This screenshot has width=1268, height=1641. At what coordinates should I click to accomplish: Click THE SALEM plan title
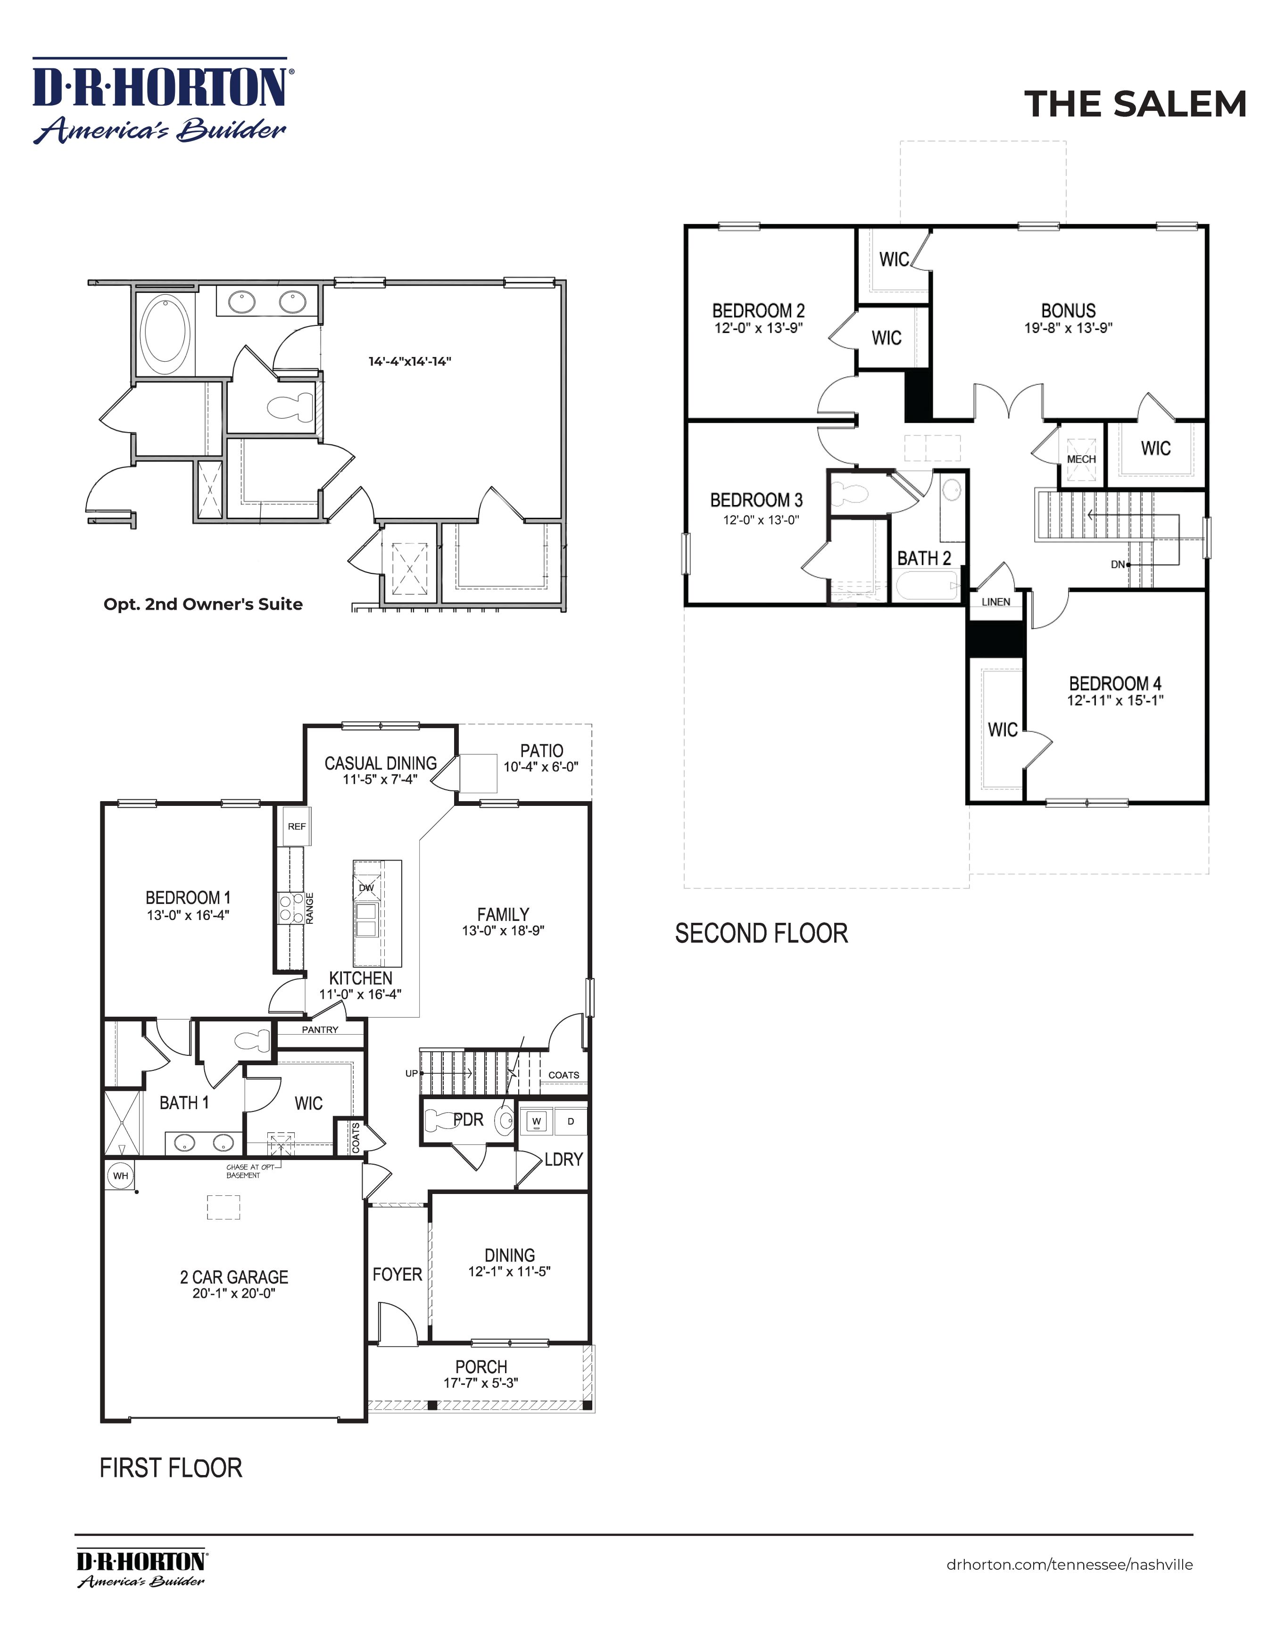click(x=1135, y=104)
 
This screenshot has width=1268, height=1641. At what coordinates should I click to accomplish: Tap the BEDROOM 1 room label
click(x=188, y=897)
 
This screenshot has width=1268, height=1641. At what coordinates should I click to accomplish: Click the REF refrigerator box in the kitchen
click(x=297, y=827)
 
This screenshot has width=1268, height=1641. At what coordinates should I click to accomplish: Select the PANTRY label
click(x=320, y=1029)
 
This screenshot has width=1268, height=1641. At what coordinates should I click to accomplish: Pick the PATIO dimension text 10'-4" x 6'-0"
click(x=541, y=767)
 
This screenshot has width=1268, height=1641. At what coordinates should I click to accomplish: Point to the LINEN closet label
click(x=996, y=602)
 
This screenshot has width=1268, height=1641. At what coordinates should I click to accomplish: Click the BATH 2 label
click(x=924, y=558)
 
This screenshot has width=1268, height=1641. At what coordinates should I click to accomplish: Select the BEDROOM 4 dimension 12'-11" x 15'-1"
click(x=1116, y=700)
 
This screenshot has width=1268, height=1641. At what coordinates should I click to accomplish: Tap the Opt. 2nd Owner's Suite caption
click(x=203, y=604)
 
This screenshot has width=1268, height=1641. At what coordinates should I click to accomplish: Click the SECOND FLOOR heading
click(x=762, y=933)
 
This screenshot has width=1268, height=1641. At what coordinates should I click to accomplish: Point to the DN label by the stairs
click(x=1118, y=564)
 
